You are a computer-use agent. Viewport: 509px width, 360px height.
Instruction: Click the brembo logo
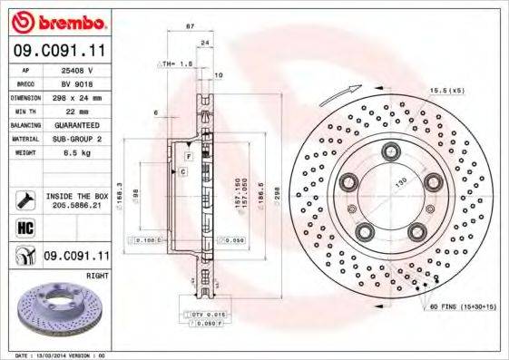[x=58, y=19]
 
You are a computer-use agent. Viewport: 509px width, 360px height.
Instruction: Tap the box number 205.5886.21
[x=75, y=205]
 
